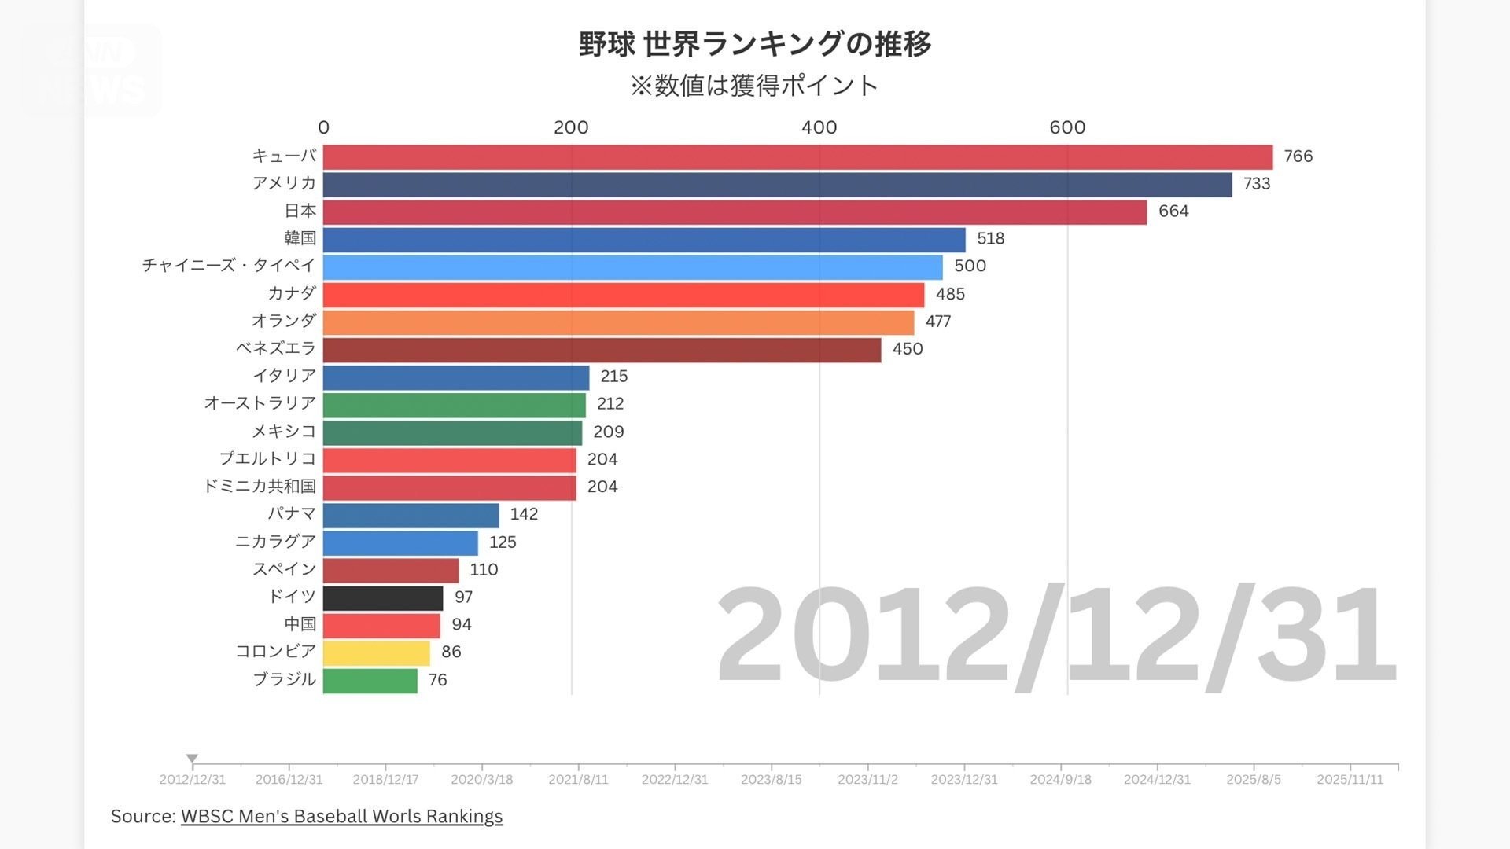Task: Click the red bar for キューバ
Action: (797, 157)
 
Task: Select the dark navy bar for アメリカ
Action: (777, 185)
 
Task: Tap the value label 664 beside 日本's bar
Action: (1173, 211)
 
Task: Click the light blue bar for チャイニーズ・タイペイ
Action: (632, 267)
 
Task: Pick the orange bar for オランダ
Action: (618, 322)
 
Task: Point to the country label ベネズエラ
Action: (276, 348)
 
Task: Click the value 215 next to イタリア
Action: (613, 377)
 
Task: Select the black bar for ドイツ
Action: (383, 598)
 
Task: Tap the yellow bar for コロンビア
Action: (377, 653)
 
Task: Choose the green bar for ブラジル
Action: (370, 681)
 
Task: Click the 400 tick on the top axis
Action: (819, 127)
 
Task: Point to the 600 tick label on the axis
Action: (1067, 127)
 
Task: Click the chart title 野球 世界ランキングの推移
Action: (755, 44)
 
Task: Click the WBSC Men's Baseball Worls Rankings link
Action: (341, 817)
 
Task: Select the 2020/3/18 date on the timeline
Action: (481, 779)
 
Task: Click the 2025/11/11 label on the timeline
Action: (1350, 779)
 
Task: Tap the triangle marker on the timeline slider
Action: (192, 759)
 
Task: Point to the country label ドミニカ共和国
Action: (260, 487)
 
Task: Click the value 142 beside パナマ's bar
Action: (524, 514)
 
